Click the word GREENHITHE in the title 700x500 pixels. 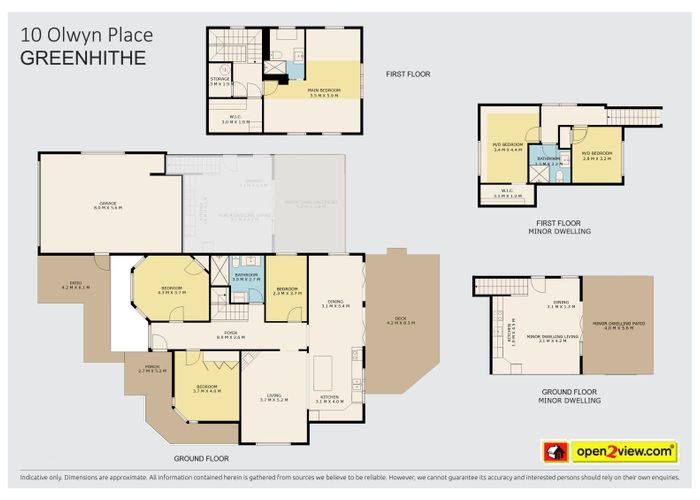83,58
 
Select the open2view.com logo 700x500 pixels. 609,451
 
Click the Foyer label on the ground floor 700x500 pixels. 230,338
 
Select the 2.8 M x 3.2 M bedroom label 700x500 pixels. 596,157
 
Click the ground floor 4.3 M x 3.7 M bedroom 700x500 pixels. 172,291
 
